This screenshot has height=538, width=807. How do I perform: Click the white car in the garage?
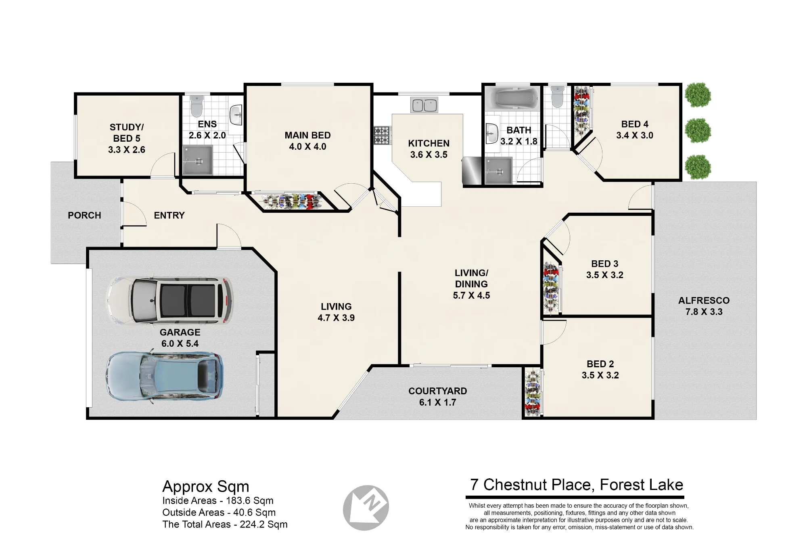(169, 301)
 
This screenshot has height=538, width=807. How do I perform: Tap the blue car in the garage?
(165, 377)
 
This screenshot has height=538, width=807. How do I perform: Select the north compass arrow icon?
(366, 508)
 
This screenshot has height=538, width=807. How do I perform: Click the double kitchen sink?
(424, 105)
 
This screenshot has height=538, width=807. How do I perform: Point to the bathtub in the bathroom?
(512, 98)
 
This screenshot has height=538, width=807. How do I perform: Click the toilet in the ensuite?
(197, 105)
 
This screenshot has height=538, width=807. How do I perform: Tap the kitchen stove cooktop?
(382, 135)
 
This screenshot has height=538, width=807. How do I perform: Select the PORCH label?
(84, 215)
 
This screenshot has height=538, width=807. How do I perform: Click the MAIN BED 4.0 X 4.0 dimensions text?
(307, 147)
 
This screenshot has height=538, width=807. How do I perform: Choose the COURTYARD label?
(438, 391)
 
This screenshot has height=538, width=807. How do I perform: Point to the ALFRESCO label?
(704, 300)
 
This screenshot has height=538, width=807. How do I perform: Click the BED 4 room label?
(635, 124)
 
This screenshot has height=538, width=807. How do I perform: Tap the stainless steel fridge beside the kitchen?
(472, 171)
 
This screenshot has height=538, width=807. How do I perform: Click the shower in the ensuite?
(198, 160)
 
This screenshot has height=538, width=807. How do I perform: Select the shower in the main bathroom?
(499, 171)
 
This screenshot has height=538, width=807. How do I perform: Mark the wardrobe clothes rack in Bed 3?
(551, 288)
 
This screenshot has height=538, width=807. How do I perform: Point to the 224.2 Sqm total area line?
(225, 524)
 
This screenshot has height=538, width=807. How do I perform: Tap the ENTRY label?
(169, 215)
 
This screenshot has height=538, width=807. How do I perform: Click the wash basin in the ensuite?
(236, 115)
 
